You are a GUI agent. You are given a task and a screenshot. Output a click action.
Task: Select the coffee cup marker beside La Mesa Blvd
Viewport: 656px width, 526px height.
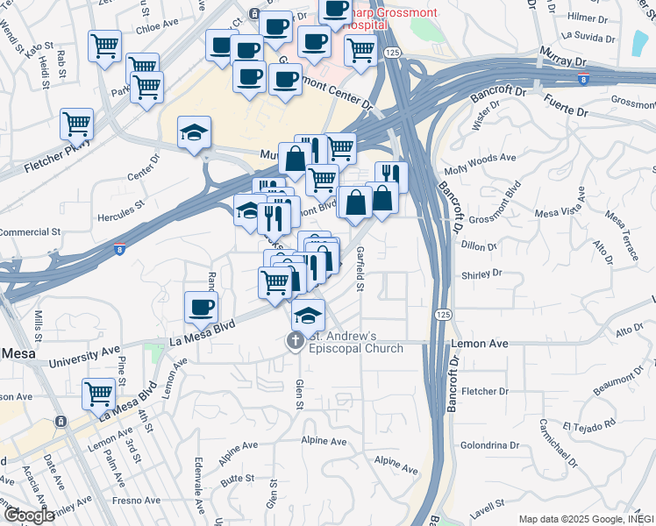pos(202,308)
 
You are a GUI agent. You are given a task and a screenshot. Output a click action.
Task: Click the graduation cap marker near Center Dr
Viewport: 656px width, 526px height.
pos(195,132)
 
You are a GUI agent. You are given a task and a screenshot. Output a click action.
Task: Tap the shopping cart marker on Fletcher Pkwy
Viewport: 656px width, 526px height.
pos(77,124)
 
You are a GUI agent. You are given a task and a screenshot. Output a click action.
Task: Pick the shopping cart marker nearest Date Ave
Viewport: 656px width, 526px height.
pos(99,394)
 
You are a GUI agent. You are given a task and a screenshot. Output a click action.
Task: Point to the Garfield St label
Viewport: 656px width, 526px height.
pos(360,268)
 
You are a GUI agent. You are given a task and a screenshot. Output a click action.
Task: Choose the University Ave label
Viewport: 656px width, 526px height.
pos(84,355)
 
